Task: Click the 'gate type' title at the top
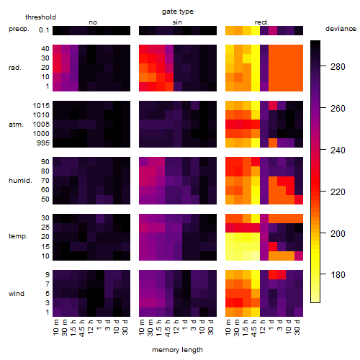pyautogui.click(x=178, y=12)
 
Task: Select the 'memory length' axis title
pyautogui.click(x=178, y=350)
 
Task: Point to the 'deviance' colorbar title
pyautogui.click(x=341, y=29)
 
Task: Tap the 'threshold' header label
pyautogui.click(x=40, y=17)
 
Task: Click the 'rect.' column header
pyautogui.click(x=262, y=22)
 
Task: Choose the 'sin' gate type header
pyautogui.click(x=177, y=22)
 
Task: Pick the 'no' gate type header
pyautogui.click(x=93, y=22)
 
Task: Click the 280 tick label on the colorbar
pyautogui.click(x=338, y=67)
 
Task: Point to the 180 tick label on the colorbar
pyautogui.click(x=338, y=275)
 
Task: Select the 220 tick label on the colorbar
pyautogui.click(x=338, y=192)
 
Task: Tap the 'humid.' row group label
pyautogui.click(x=20, y=181)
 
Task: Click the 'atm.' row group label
pyautogui.click(x=16, y=125)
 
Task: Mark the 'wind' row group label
pyautogui.click(x=17, y=294)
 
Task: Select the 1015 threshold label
pyautogui.click(x=41, y=106)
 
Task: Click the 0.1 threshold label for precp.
pyautogui.click(x=44, y=30)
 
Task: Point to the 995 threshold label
pyautogui.click(x=43, y=143)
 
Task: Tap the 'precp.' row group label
pyautogui.click(x=19, y=29)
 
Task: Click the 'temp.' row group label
pyautogui.click(x=18, y=236)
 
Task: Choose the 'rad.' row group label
pyautogui.click(x=15, y=68)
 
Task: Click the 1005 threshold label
pyautogui.click(x=41, y=125)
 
